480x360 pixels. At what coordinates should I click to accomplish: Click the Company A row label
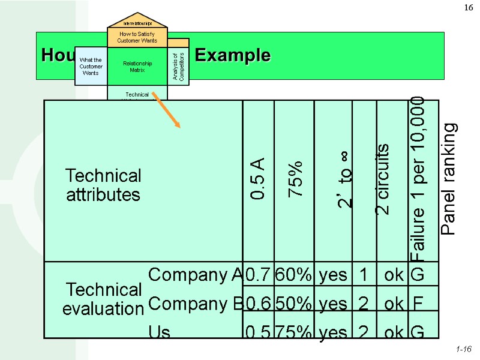click(194, 275)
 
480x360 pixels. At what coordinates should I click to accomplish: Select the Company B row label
click(194, 304)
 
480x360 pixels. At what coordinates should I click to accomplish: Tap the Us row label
click(160, 332)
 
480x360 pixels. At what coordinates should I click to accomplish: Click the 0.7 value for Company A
click(258, 275)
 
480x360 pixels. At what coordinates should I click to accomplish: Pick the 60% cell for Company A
click(293, 275)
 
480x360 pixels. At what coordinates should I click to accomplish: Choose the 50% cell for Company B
click(293, 304)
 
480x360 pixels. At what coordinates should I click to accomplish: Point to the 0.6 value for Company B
click(258, 304)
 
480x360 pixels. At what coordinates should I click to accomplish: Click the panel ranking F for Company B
click(417, 304)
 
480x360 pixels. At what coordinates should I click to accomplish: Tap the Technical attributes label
click(103, 185)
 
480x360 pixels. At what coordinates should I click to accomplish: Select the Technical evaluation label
click(103, 299)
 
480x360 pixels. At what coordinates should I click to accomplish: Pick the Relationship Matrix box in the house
click(137, 66)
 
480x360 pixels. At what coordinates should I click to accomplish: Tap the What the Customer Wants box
click(91, 66)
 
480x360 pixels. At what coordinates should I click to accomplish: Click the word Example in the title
click(233, 56)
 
